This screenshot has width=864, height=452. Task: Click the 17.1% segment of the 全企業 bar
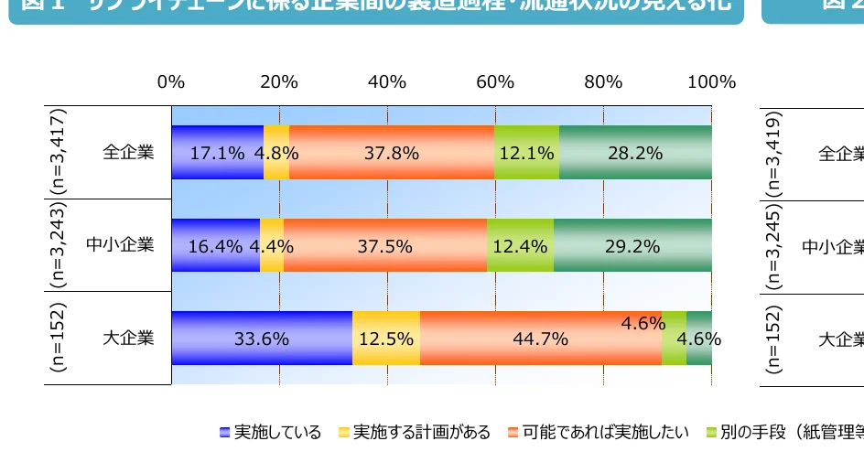pos(217,153)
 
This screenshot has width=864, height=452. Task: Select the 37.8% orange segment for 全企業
pos(391,153)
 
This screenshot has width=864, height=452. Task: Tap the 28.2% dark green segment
pos(634,153)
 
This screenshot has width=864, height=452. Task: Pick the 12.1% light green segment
pos(526,153)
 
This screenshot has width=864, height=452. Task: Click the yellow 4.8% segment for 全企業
pos(276,153)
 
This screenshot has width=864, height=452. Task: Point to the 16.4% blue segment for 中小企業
pos(215,245)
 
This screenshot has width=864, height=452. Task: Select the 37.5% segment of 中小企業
pos(384,245)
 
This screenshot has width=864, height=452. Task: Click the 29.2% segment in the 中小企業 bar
pos(632,245)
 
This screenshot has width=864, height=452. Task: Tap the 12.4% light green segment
pos(519,245)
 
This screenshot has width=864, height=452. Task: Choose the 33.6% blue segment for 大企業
pos(261,339)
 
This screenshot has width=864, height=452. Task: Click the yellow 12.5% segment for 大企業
pos(385,339)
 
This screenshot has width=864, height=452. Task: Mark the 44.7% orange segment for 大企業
pos(540,339)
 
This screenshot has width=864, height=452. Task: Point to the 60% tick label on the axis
pos(495,81)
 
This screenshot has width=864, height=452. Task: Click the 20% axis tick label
pos(278,81)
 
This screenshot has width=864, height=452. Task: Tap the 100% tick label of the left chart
pos(711,81)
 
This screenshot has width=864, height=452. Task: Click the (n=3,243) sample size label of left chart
pos(59,245)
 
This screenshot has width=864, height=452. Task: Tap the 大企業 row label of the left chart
pos(128,338)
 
